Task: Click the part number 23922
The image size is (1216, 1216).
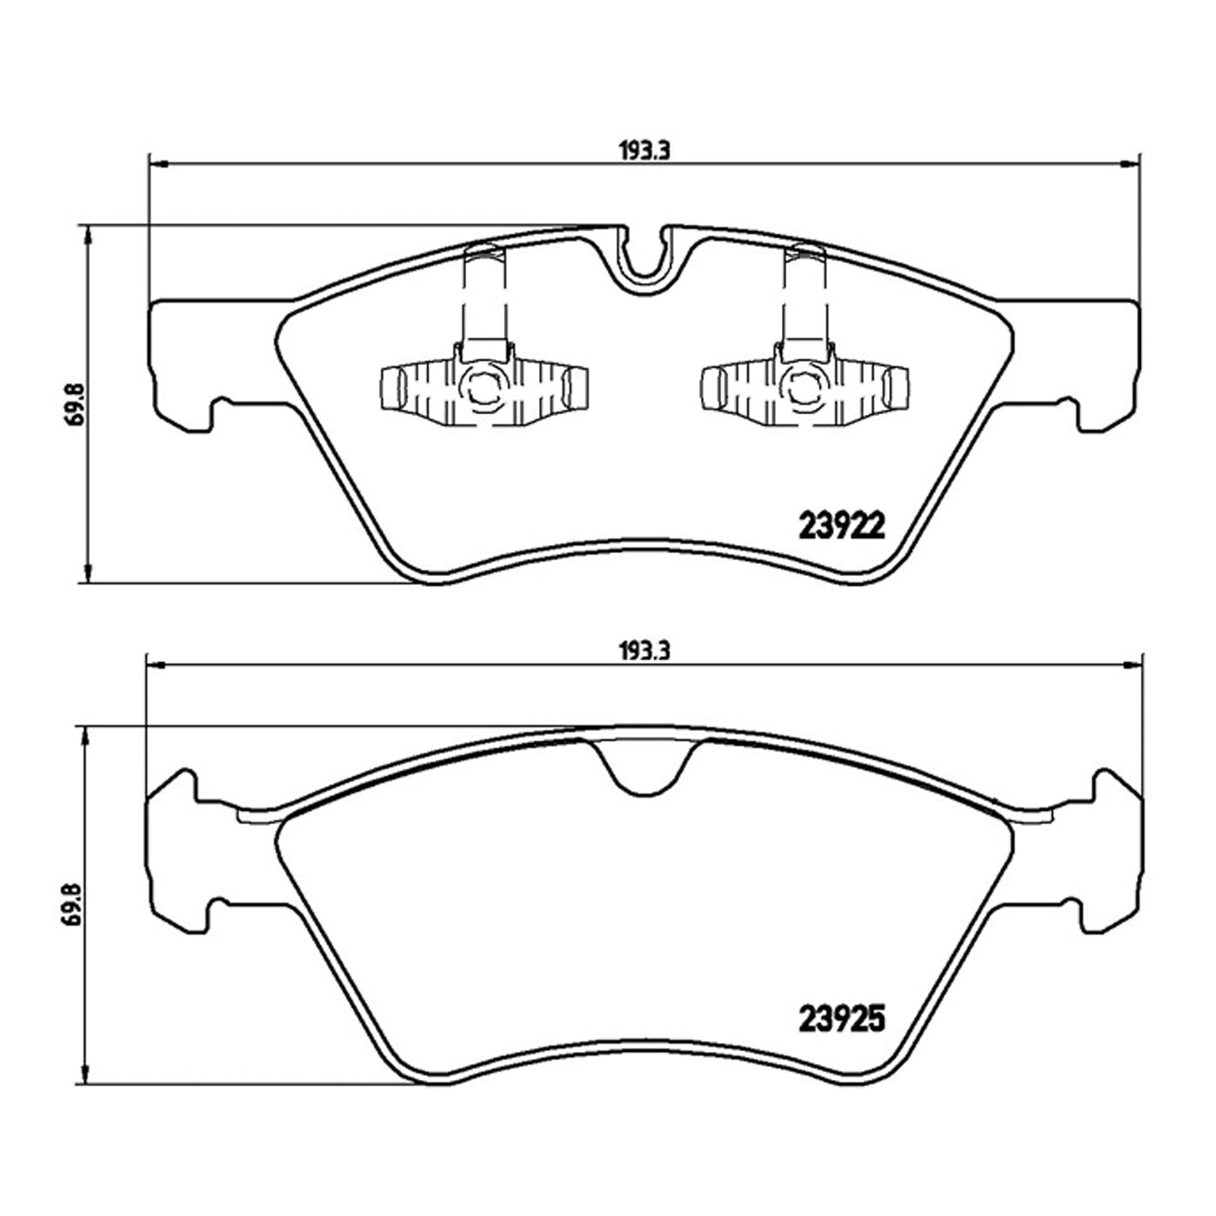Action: coord(842,524)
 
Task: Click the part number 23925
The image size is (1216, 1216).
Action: coord(842,1018)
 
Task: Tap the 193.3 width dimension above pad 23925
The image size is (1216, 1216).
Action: coord(644,651)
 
